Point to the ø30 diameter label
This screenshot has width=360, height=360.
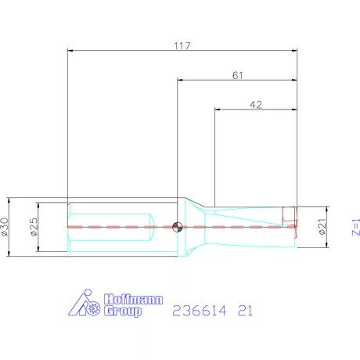tap(6, 227)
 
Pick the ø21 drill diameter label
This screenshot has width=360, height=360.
tap(322, 227)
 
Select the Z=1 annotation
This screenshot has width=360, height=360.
tap(355, 227)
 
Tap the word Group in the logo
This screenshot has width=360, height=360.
tap(124, 311)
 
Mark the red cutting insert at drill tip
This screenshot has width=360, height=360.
tap(290, 216)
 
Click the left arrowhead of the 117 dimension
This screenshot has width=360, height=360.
tap(72, 52)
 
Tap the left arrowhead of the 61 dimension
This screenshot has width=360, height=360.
tap(181, 80)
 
